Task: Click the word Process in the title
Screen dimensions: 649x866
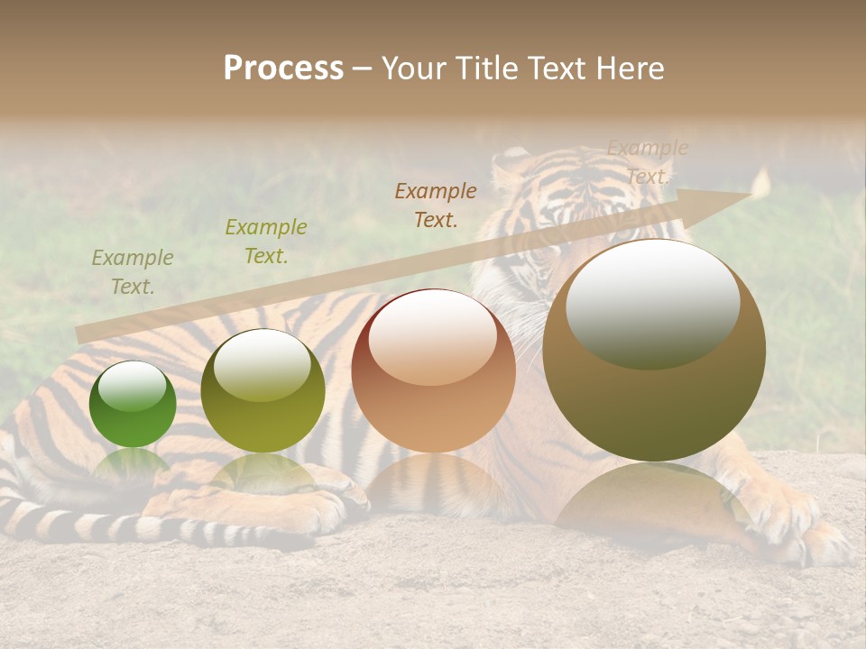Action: click(283, 69)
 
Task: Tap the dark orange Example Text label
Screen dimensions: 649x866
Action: click(436, 205)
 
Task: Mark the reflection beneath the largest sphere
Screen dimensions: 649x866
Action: click(651, 496)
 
